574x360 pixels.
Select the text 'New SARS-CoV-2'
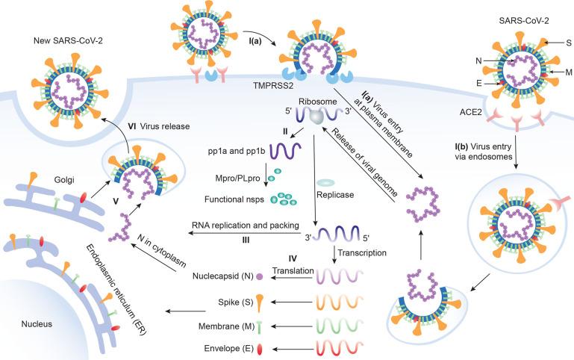[66, 38]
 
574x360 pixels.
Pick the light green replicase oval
[326, 181]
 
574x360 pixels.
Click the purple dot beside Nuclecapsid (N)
[258, 276]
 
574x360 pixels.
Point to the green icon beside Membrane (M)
[258, 325]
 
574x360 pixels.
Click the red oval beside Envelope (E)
[258, 348]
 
